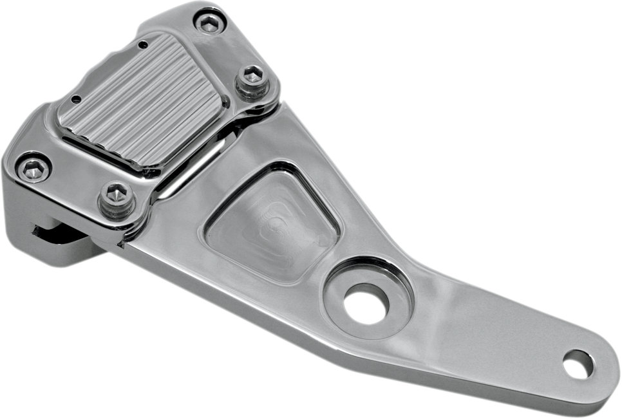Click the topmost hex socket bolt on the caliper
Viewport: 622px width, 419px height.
[209, 24]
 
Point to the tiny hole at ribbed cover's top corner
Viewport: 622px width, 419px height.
[143, 44]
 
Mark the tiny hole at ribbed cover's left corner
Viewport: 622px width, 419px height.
[77, 100]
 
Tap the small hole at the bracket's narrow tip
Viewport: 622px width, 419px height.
[577, 364]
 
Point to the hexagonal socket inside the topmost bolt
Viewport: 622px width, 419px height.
[209, 24]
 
